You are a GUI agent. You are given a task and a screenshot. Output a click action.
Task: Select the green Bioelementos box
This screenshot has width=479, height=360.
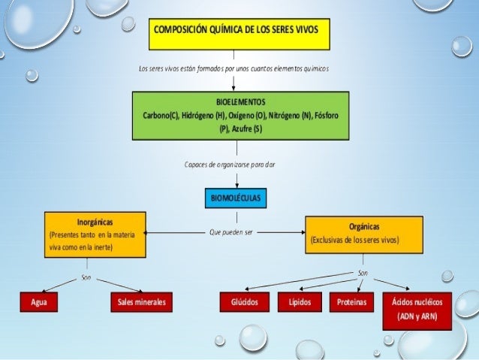coord(240,116)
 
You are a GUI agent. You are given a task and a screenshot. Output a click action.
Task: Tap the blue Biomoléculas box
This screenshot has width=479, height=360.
coord(235,198)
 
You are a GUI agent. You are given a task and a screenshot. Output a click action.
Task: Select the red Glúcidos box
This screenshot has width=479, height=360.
coord(239,302)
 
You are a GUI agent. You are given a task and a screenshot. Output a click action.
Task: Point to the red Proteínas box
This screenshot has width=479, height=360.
coord(352,302)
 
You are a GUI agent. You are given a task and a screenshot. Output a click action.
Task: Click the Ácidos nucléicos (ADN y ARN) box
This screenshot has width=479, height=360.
coord(417,310)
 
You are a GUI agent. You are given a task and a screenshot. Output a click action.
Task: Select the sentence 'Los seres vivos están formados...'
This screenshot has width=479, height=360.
coord(234,68)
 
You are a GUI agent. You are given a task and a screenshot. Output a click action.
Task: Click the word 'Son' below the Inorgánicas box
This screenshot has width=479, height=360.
coord(86,277)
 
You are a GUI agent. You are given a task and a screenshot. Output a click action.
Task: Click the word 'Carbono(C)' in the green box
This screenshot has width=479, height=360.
coord(160,116)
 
